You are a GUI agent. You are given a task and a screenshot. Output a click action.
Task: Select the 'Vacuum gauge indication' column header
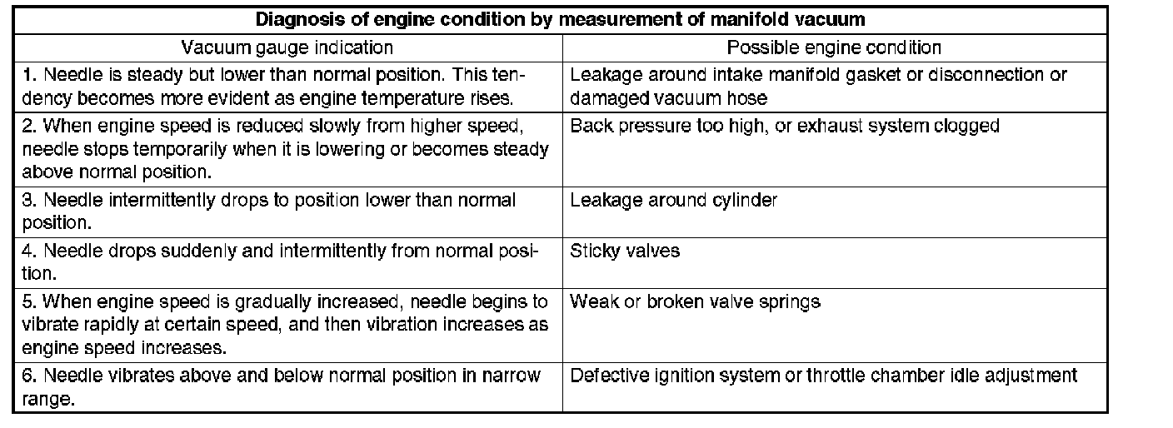tap(287, 47)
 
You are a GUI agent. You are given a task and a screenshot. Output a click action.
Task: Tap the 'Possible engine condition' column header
tap(834, 47)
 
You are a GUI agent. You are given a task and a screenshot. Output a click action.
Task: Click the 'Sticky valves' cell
tap(625, 251)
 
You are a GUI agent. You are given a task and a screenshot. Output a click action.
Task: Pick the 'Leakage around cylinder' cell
tap(673, 201)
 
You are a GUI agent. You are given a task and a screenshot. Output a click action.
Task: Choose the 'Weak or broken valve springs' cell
tap(695, 301)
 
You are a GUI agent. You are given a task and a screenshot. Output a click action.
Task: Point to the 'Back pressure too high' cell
tap(784, 127)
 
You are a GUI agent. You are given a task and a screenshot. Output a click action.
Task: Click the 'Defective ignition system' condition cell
tap(823, 376)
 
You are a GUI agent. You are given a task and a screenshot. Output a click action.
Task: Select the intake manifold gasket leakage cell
tap(817, 85)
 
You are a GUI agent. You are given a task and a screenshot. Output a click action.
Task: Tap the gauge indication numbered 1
tap(274, 85)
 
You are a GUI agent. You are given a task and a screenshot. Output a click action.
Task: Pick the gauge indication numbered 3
tap(269, 212)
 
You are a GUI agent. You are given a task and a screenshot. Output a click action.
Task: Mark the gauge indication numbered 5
tap(285, 324)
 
